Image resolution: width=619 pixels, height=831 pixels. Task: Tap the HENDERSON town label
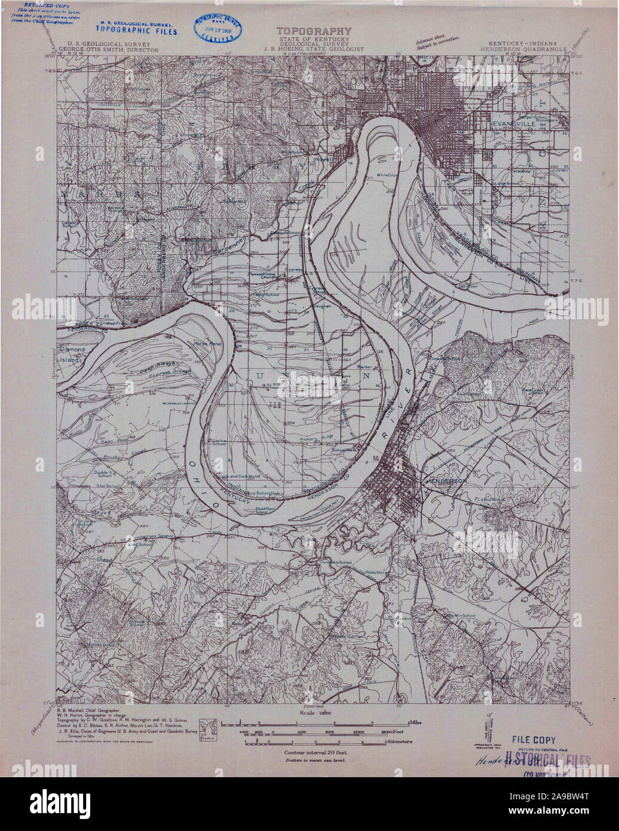[445, 480]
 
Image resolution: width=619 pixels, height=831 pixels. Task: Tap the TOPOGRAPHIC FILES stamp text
[137, 32]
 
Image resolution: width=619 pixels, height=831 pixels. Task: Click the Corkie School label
[219, 442]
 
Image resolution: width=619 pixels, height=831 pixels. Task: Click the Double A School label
[103, 473]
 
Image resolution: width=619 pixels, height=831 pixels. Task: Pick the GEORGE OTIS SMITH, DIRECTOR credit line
[108, 51]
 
